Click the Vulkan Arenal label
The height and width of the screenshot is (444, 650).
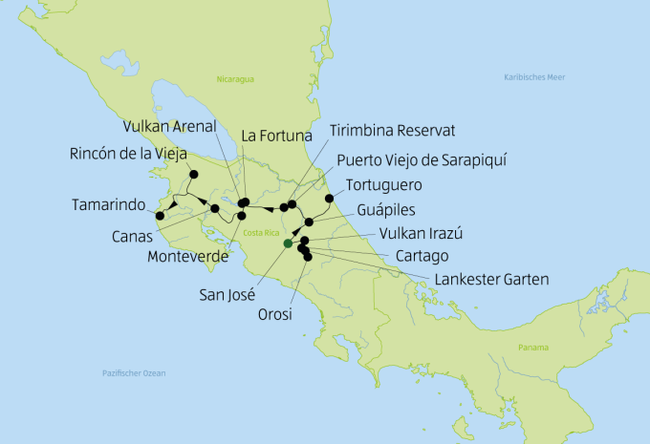tap(169, 126)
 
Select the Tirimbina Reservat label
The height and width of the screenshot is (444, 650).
tap(392, 129)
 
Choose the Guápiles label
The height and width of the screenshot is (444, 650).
tap(389, 209)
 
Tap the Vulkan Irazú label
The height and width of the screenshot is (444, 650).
tap(421, 234)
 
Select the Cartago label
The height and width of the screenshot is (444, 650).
tap(422, 256)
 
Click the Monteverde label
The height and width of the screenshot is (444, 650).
tap(187, 256)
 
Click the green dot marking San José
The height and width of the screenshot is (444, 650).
tap(287, 243)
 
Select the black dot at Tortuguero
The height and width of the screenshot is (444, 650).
tap(329, 199)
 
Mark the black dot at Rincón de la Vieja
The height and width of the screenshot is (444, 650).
tap(193, 174)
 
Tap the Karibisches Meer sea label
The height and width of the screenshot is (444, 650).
tap(534, 75)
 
